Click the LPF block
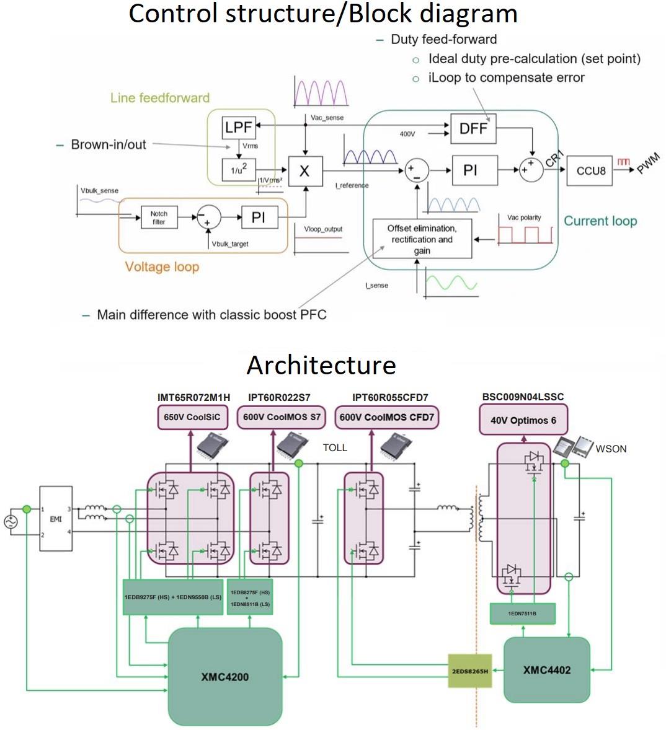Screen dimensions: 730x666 coord(239,128)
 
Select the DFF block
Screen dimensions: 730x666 coord(473,128)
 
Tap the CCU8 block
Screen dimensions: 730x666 coord(590,170)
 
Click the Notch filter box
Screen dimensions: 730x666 coord(159,218)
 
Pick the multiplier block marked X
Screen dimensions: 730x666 coord(304,170)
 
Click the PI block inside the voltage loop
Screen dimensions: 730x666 coord(259,218)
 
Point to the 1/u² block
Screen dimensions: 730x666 coord(239,169)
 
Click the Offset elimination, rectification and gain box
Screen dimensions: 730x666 coord(422,239)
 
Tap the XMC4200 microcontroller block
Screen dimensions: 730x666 coord(224,677)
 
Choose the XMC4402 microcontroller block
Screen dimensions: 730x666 coord(546,670)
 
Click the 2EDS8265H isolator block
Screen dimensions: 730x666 coord(469,671)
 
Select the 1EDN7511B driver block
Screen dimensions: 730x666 coord(522,613)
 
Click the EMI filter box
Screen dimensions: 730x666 coord(56,519)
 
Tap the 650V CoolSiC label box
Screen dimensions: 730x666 coord(192,417)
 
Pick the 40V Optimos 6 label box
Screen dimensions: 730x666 coord(523,420)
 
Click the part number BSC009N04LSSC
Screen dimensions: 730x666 coord(523,397)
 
